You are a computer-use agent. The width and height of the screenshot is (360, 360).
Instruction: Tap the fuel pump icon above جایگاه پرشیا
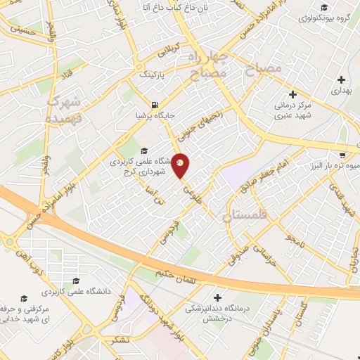(146, 104)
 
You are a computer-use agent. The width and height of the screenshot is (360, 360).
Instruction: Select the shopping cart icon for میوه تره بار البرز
(342, 155)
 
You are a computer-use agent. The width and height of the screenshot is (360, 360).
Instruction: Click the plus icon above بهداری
(341, 79)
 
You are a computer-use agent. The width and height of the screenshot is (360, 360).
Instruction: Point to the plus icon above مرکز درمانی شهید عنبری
(293, 94)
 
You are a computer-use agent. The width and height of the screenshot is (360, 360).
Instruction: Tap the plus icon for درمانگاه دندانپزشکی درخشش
(217, 297)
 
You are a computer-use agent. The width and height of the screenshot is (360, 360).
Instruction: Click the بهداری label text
(341, 91)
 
